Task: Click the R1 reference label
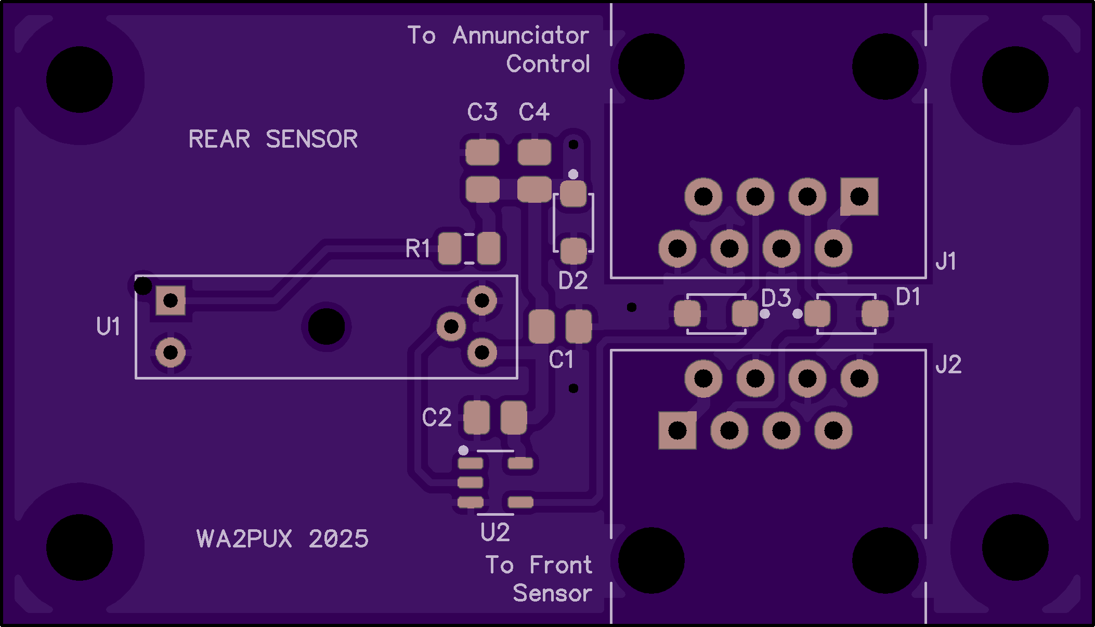pos(418,249)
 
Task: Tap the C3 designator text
pos(482,112)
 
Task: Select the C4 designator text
pos(534,112)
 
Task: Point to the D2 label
pos(572,281)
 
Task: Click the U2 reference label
pos(495,532)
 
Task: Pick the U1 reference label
pos(108,326)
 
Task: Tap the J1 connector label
pos(946,261)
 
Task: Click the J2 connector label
pos(948,364)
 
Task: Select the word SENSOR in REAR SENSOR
pos(311,139)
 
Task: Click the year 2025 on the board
pos(338,539)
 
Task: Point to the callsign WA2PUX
pos(244,539)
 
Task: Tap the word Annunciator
pos(521,35)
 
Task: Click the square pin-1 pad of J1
pos(859,197)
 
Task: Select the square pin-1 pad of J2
pos(677,430)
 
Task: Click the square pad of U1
pos(171,301)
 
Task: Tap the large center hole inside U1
pos(327,326)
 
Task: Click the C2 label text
pos(437,417)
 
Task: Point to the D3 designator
pos(776,298)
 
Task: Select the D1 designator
pos(908,297)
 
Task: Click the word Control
pos(548,64)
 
